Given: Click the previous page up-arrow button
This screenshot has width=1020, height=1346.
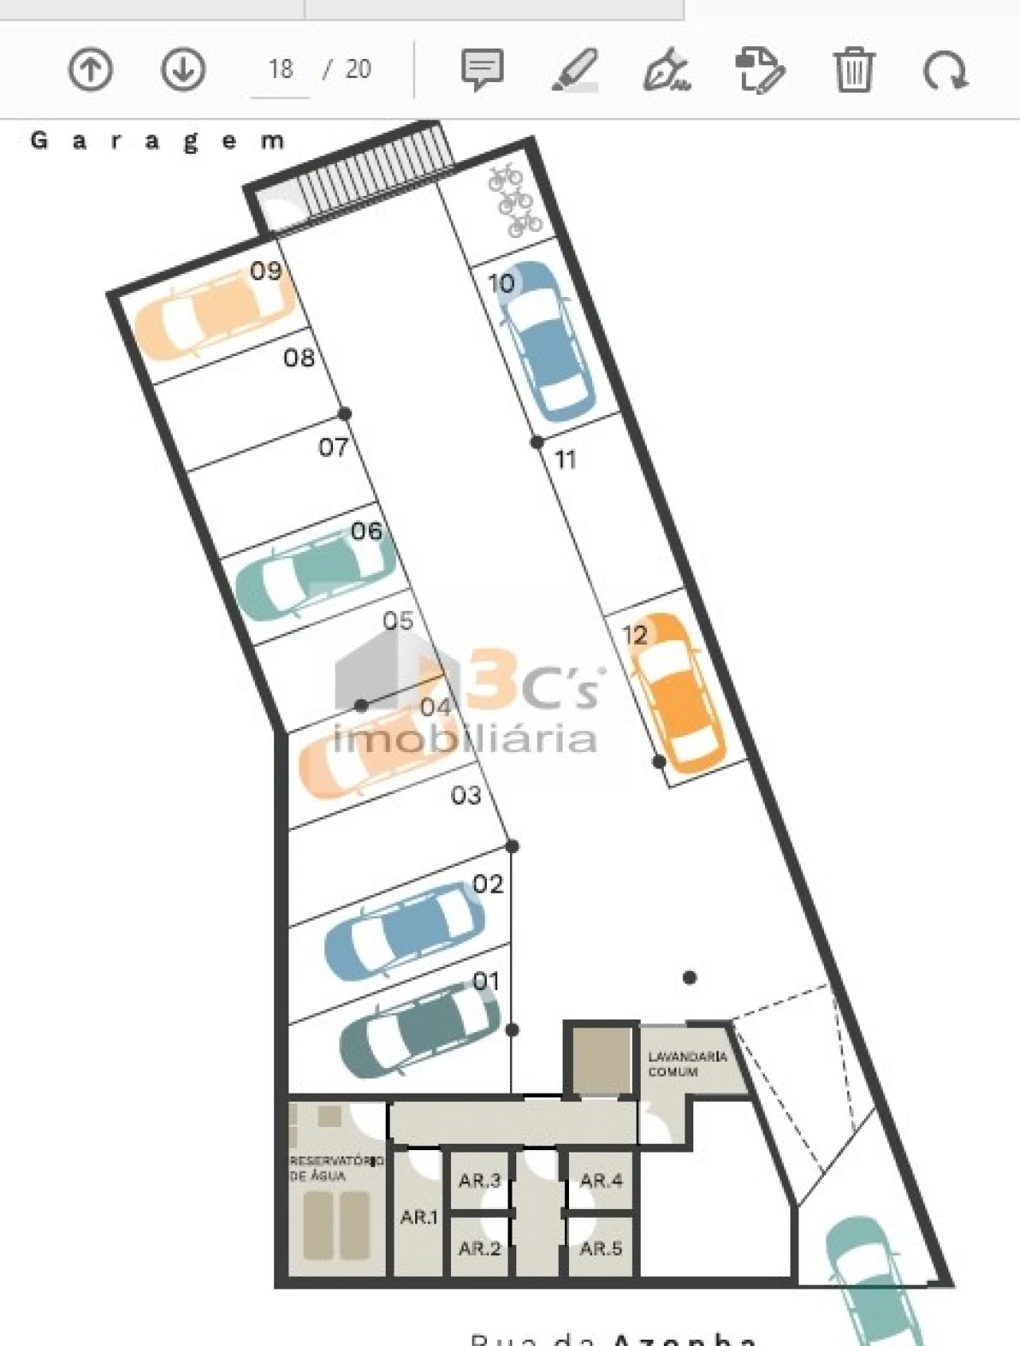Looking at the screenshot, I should (90, 70).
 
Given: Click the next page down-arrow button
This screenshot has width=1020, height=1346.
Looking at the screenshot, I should (183, 70).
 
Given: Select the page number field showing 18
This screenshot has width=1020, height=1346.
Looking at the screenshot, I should (280, 70).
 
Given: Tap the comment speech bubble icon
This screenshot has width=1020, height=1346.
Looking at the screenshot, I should (481, 70).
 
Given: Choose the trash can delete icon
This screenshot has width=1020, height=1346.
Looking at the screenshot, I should (853, 70).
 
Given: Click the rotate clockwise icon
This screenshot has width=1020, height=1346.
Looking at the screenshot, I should (945, 70).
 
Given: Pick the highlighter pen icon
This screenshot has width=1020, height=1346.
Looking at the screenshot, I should (575, 70).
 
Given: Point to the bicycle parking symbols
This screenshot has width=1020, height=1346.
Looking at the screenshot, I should (514, 200).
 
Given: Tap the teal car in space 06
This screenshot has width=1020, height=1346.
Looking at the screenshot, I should (315, 574).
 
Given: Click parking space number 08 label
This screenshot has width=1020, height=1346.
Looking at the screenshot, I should (299, 358).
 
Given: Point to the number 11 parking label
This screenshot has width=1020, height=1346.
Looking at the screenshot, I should (565, 460).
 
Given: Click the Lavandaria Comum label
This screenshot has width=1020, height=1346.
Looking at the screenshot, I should (687, 1064).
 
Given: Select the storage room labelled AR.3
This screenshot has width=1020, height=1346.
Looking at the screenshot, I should (479, 1180).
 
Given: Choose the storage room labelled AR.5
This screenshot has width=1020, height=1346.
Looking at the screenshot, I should (601, 1248).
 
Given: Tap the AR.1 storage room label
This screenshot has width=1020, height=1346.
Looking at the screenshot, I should (418, 1217).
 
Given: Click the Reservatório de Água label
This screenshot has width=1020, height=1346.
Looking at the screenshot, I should (335, 1168).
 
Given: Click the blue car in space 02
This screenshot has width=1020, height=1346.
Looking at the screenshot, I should (404, 931).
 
